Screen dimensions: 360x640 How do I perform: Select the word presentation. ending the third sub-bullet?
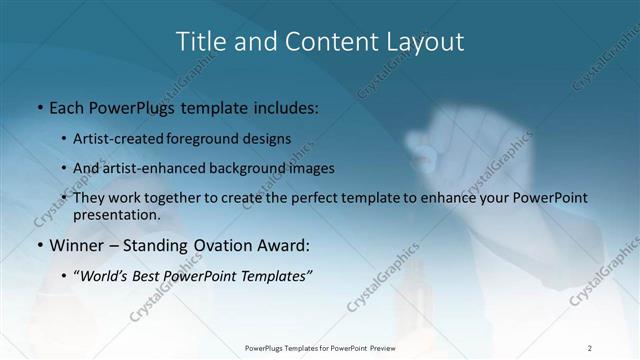(x=116, y=214)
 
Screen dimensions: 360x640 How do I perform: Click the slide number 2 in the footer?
(x=590, y=348)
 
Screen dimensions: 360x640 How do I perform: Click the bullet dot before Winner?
(x=39, y=246)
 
